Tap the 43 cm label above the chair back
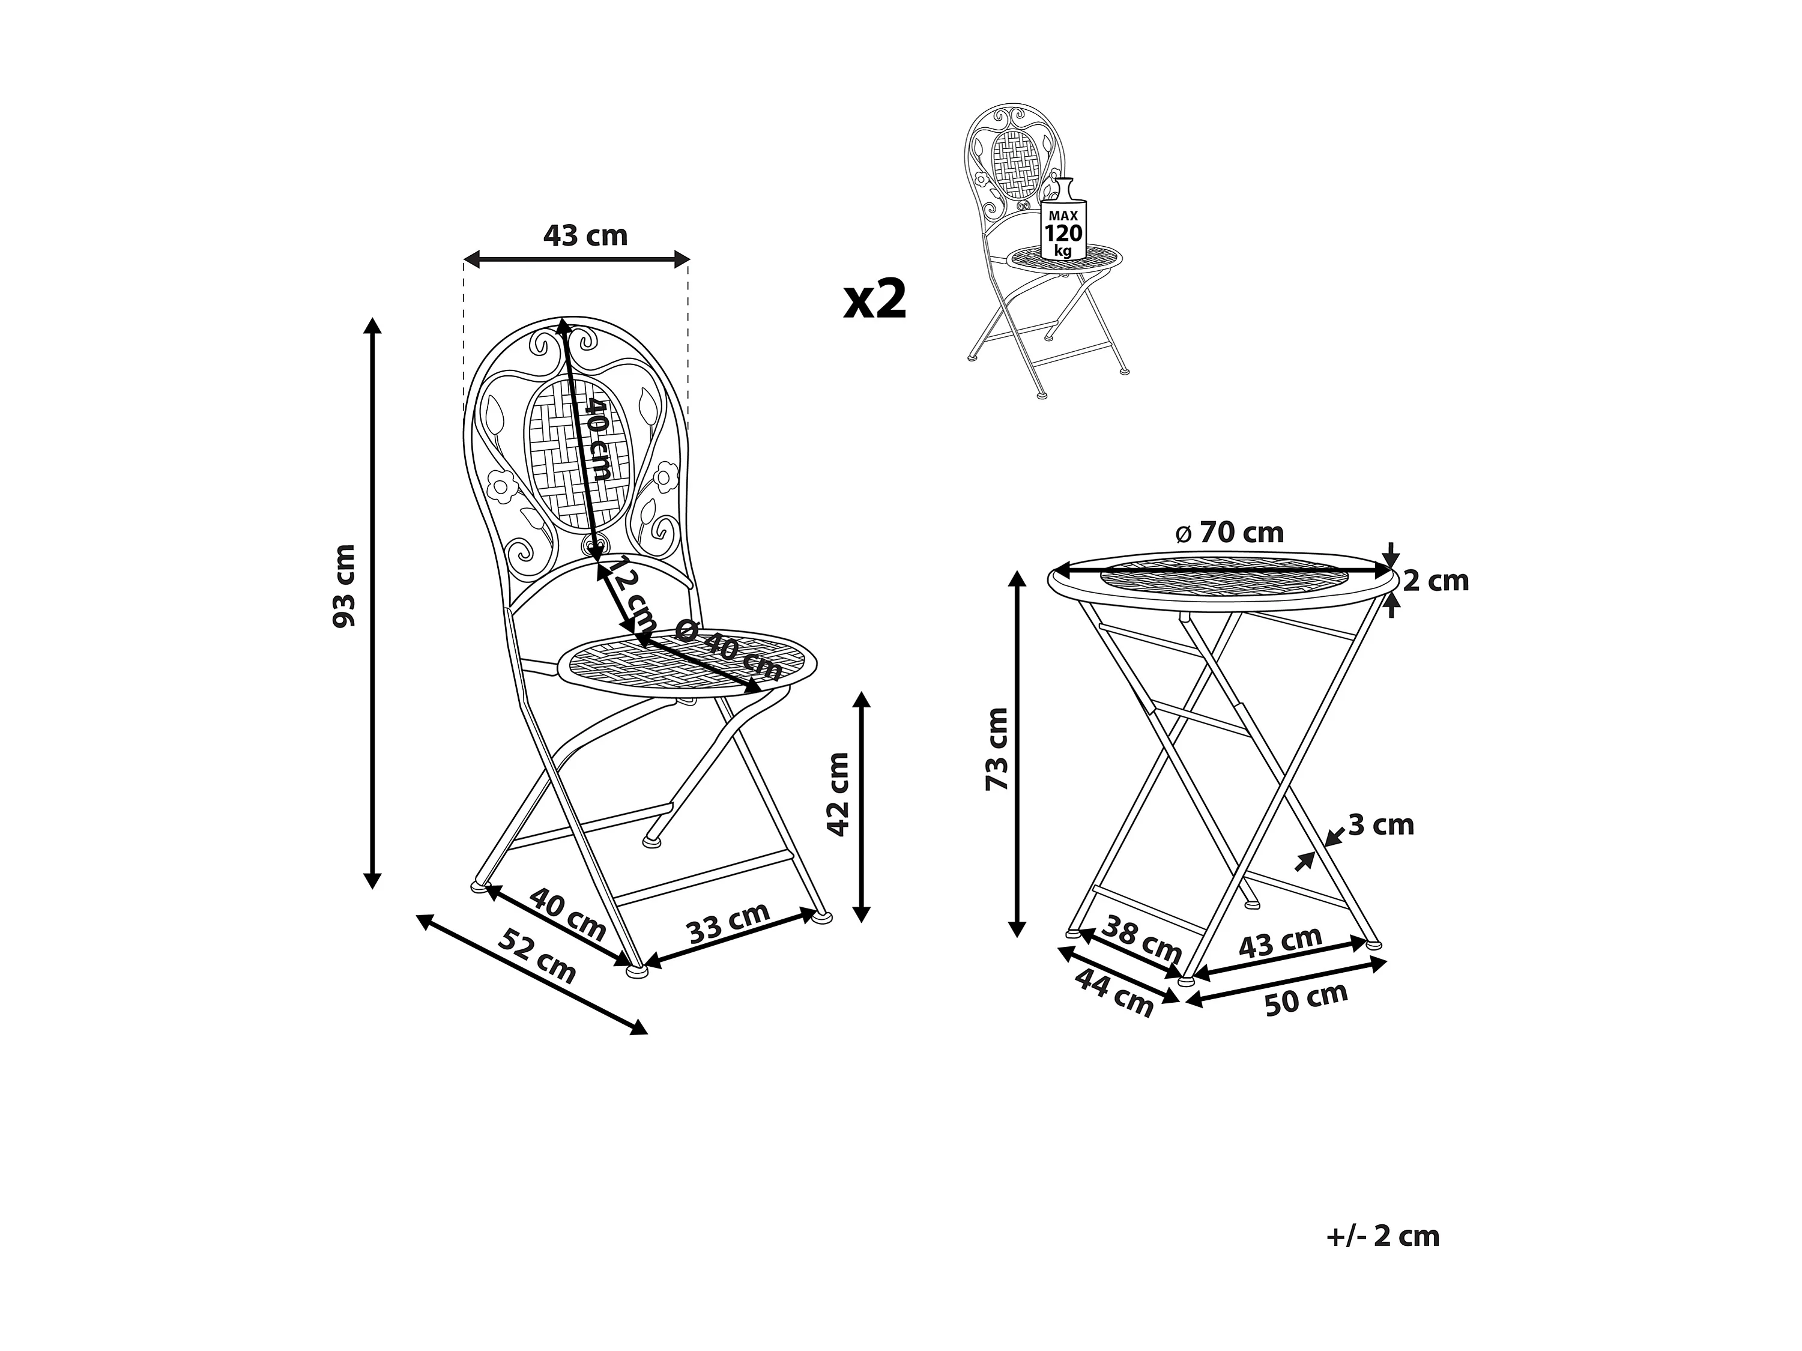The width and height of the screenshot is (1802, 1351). (x=585, y=235)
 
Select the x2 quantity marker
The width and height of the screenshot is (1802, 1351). (x=875, y=299)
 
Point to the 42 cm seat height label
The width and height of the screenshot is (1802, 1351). (x=838, y=794)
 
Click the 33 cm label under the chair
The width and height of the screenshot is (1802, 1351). (x=729, y=922)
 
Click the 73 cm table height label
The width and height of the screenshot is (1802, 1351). (x=997, y=749)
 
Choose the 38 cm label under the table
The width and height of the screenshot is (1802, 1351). (x=1142, y=938)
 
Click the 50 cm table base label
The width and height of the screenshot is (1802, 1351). (x=1307, y=999)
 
